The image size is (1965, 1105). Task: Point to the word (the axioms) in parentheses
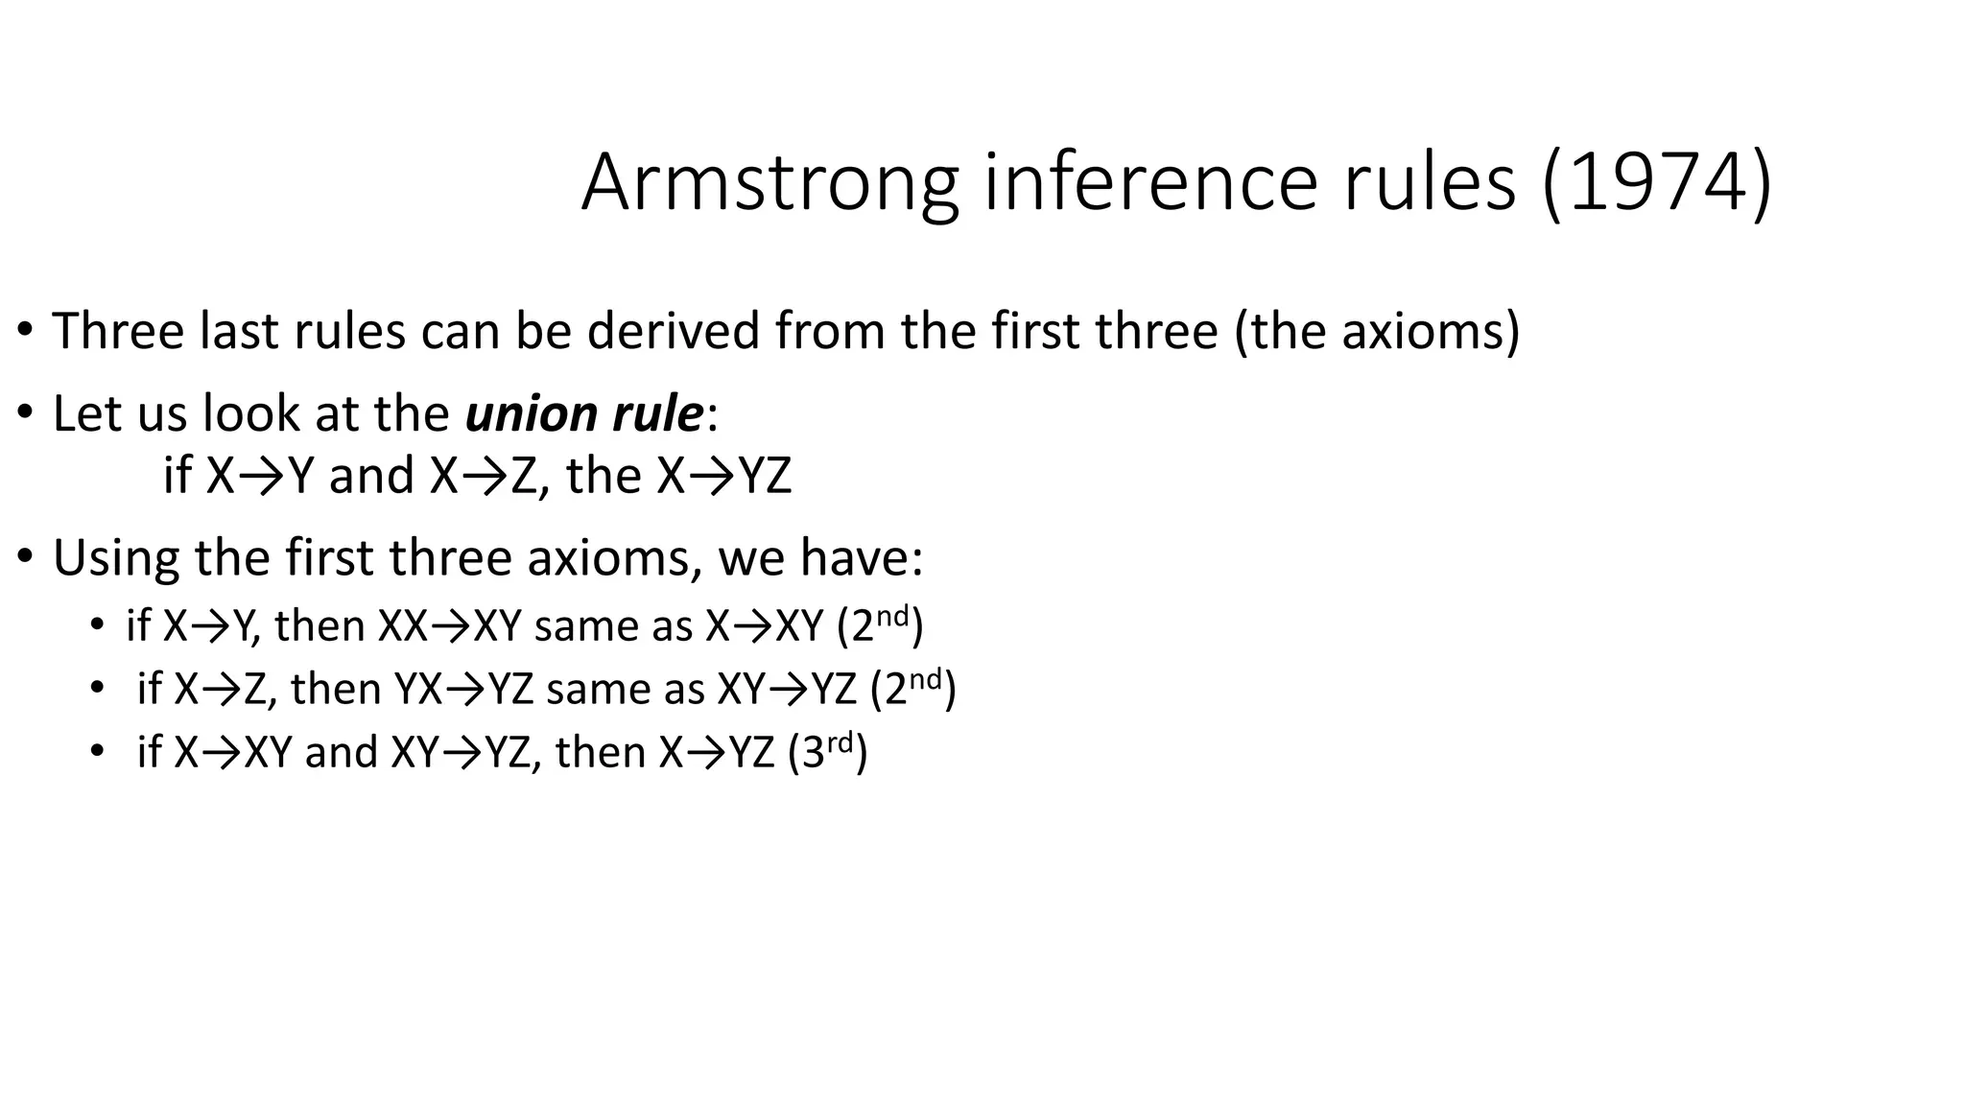pyautogui.click(x=1377, y=331)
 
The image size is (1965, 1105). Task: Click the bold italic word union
pyautogui.click(x=525, y=414)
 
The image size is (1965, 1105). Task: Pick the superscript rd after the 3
pyautogui.click(x=840, y=741)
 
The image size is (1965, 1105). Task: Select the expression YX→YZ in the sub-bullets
pyautogui.click(x=463, y=689)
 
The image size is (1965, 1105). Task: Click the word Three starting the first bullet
pyautogui.click(x=118, y=331)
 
